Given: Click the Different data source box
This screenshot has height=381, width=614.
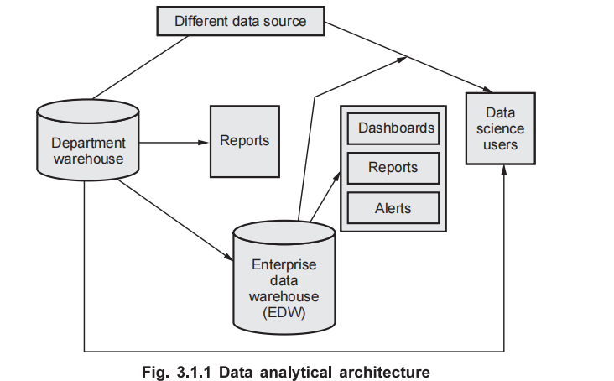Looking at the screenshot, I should pyautogui.click(x=241, y=21).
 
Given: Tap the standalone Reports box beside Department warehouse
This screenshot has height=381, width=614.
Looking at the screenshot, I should pyautogui.click(x=245, y=141).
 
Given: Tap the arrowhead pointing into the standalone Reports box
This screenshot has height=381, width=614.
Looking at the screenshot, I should pyautogui.click(x=204, y=142).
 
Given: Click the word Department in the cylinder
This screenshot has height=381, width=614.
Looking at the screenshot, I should pyautogui.click(x=87, y=144).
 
